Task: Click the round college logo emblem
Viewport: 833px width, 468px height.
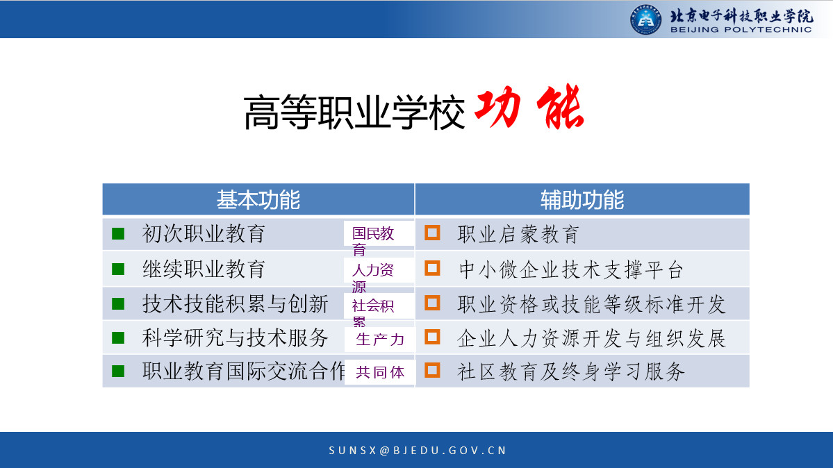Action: tap(645, 19)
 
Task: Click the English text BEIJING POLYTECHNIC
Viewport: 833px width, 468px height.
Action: tap(741, 30)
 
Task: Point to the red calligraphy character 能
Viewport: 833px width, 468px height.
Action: tap(561, 108)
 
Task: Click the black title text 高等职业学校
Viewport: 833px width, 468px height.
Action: tap(354, 112)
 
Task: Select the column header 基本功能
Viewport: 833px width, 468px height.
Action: tap(258, 200)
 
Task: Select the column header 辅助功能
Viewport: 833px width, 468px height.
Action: tap(582, 200)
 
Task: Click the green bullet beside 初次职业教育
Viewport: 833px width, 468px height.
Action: tap(118, 234)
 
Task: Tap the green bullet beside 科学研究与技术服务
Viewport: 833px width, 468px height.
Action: tap(118, 338)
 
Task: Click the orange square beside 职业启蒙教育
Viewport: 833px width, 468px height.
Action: tap(432, 233)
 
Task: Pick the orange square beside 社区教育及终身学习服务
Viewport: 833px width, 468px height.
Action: tap(432, 370)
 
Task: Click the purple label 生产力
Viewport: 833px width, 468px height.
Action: tap(381, 340)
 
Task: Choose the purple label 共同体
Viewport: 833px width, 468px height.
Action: tap(381, 372)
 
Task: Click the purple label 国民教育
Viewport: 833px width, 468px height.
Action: tap(373, 241)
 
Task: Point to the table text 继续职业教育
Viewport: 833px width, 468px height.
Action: tap(204, 269)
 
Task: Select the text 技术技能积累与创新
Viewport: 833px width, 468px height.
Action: tap(236, 304)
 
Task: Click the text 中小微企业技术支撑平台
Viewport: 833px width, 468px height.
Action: tap(571, 270)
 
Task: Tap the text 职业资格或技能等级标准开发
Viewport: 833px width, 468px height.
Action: tap(592, 304)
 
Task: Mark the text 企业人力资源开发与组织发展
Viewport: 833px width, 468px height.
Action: tap(592, 338)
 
